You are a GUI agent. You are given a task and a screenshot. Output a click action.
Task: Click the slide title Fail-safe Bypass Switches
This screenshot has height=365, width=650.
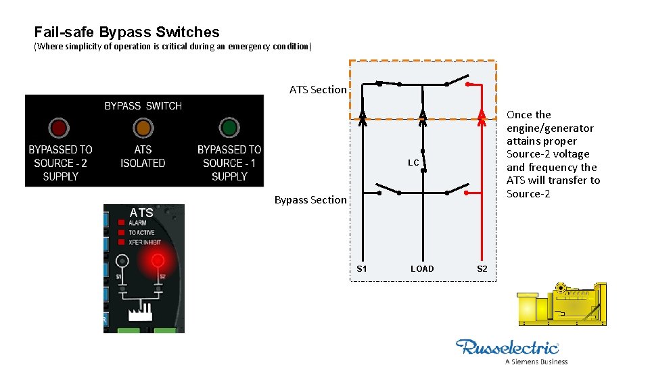[127, 32]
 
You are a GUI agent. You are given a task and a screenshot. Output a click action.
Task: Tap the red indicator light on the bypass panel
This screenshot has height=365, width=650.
[60, 127]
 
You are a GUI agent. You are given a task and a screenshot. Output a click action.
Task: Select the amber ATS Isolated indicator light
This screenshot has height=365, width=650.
[143, 127]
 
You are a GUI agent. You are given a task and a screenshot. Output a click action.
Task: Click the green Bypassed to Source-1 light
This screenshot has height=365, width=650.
[229, 127]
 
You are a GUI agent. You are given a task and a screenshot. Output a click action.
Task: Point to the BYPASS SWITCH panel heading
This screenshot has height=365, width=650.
[143, 105]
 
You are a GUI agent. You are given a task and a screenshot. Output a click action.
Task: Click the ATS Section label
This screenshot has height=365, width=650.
[318, 89]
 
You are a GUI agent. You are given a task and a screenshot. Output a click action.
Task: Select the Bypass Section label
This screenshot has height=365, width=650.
[310, 199]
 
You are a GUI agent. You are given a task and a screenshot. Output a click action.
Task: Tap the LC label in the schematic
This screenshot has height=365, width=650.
[413, 163]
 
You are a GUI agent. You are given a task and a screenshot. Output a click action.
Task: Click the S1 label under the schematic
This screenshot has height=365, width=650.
[362, 268]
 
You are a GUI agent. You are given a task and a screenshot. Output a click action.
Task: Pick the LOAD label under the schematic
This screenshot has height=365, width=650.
[422, 268]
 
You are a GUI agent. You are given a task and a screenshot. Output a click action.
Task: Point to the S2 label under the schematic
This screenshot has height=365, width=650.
[482, 268]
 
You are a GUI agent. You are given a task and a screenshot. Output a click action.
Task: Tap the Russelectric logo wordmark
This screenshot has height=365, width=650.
[507, 347]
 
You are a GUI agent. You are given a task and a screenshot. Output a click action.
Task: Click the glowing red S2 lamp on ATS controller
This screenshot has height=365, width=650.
[158, 260]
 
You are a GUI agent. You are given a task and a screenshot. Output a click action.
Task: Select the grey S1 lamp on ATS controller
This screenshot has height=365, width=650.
[122, 260]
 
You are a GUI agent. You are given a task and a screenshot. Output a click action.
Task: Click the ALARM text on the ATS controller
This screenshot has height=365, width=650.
[137, 222]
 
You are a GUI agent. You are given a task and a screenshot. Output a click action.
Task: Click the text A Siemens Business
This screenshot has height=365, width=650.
[536, 361]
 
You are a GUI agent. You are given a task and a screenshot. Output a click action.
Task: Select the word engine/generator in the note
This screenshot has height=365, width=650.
[550, 128]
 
